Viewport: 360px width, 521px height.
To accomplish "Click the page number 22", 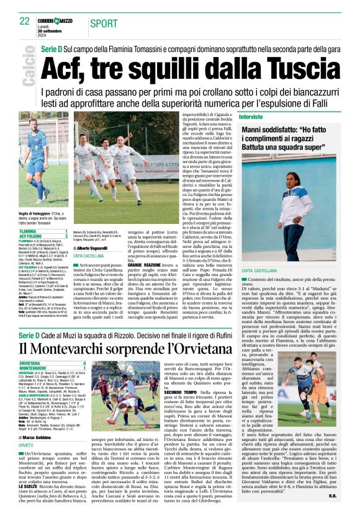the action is pyautogui.click(x=24, y=21).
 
